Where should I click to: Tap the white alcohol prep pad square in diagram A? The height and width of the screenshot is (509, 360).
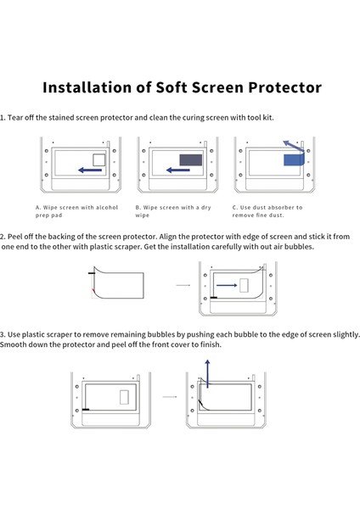point(98,159)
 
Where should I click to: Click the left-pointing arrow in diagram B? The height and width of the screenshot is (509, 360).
point(179,170)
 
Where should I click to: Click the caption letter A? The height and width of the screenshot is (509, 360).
point(37,207)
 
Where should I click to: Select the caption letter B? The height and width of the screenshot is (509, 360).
point(138,207)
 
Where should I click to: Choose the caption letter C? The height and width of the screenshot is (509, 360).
point(234,207)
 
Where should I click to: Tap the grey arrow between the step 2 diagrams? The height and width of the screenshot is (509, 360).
point(182,286)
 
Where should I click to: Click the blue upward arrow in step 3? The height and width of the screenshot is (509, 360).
point(207,372)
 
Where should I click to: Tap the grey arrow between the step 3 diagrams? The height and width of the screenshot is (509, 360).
point(170,396)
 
